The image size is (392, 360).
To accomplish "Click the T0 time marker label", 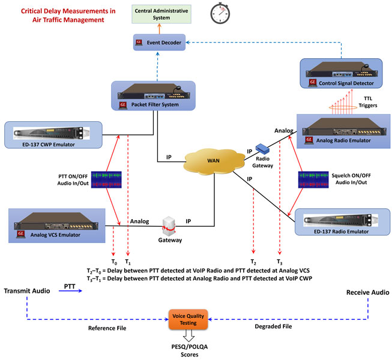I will tap(115, 262).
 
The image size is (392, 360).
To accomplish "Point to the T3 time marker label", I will tap(279, 262).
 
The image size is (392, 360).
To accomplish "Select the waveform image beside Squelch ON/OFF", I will tap(312, 181).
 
